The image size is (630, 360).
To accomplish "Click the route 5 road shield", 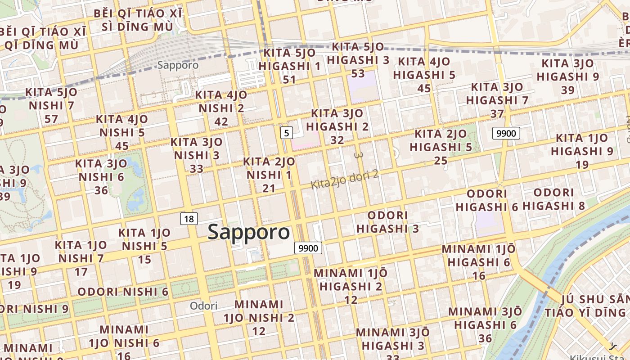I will point(287,133).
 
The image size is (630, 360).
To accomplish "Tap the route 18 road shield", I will point(189,219).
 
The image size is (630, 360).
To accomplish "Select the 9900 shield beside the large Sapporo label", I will point(309,248).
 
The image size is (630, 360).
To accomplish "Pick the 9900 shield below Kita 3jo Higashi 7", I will point(506,133).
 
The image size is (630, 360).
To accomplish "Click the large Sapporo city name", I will point(249,232).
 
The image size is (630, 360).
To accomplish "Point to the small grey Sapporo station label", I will point(178,65).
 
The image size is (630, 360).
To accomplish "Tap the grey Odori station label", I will point(203,306).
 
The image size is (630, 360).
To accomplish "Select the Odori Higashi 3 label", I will point(387,222).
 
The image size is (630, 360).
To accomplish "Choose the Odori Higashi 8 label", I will point(554,199).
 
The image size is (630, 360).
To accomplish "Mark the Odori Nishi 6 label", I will point(123,292).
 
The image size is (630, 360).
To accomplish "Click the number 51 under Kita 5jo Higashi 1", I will point(289,80).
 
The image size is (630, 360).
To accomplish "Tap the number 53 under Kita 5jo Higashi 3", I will point(358,73).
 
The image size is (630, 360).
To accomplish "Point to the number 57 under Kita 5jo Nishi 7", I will point(51,119).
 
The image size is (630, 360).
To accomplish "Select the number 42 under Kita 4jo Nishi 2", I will point(221,121).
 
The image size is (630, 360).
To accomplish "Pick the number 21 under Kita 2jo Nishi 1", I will point(269,188).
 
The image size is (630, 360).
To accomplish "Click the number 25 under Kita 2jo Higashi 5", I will point(441,160).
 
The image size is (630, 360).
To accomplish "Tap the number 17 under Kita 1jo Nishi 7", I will point(81,272).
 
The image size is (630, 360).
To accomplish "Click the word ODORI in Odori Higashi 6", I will point(487,194).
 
